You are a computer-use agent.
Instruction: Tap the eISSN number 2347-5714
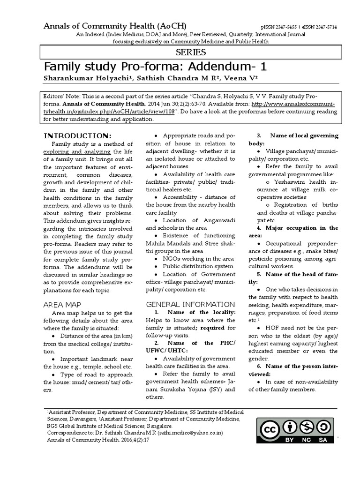pos(322,28)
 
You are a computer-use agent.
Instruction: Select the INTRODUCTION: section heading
pos(77,136)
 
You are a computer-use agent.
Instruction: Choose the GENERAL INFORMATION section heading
pos(190,304)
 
